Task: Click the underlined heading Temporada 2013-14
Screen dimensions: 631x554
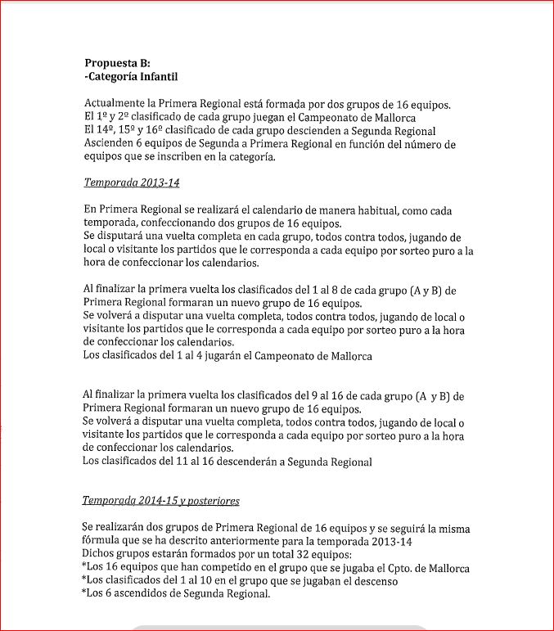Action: pos(132,183)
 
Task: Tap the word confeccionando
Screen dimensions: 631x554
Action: pos(185,223)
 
